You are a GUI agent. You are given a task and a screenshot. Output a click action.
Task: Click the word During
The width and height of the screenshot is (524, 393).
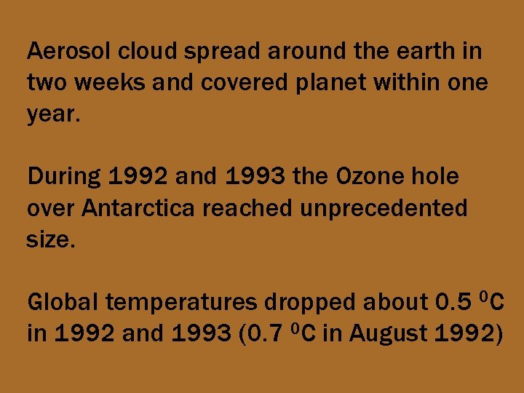(65, 177)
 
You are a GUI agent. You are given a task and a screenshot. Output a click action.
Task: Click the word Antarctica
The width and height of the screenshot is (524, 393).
(139, 209)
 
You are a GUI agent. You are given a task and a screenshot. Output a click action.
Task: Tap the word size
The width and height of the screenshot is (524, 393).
(49, 240)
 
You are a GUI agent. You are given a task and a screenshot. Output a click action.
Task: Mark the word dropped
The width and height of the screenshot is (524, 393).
(316, 302)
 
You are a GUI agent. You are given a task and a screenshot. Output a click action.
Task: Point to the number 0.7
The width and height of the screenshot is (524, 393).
(255, 333)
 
